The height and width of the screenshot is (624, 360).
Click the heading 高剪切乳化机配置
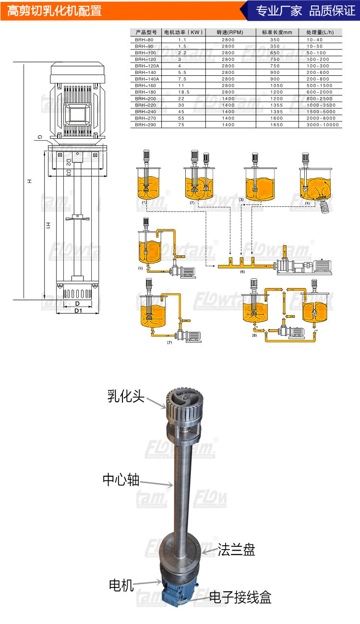(54, 11)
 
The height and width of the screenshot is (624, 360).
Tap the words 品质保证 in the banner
(332, 11)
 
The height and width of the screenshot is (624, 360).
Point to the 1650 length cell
(275, 125)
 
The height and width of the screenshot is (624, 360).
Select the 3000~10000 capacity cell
(322, 125)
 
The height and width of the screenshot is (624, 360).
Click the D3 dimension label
(69, 172)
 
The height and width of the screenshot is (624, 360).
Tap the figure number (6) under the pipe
(242, 272)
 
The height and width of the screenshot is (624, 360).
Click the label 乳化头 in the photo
(126, 396)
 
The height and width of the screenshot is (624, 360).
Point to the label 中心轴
(121, 480)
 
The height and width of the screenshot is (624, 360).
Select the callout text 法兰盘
(236, 549)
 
